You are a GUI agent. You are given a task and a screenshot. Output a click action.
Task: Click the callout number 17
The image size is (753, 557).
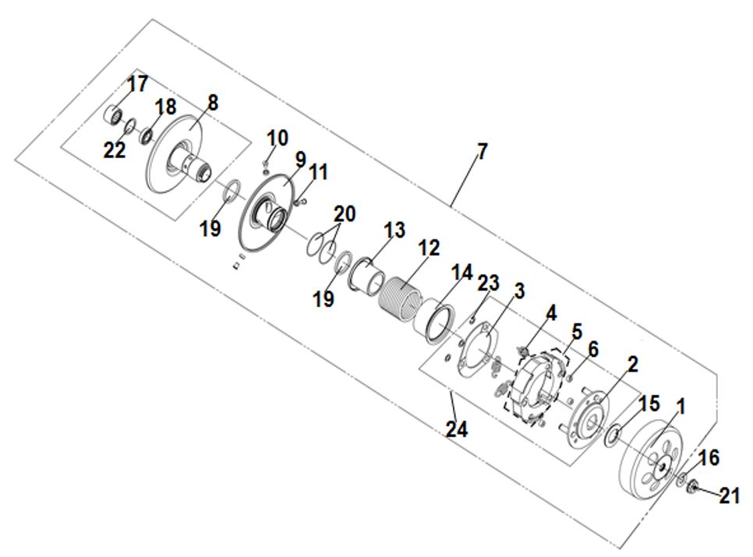pyautogui.click(x=137, y=84)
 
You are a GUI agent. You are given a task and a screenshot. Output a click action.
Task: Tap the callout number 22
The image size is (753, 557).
pyautogui.click(x=115, y=150)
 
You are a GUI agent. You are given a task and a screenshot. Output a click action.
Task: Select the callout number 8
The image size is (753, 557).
pyautogui.click(x=212, y=103)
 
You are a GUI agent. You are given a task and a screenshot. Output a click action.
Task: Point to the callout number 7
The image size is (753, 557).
pyautogui.click(x=482, y=152)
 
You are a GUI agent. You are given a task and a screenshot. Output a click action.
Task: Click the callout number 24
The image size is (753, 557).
pyautogui.click(x=457, y=429)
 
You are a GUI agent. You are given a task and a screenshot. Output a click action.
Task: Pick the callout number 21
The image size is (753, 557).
pyautogui.click(x=729, y=496)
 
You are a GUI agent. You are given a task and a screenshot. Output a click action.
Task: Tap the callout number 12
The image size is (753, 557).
pyautogui.click(x=429, y=248)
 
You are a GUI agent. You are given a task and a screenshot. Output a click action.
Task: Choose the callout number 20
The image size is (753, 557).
pyautogui.click(x=345, y=213)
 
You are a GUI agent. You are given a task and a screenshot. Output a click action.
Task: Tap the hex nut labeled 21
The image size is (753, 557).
pyautogui.click(x=692, y=488)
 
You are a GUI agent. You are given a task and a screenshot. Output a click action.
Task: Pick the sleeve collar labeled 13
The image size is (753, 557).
pyautogui.click(x=367, y=276)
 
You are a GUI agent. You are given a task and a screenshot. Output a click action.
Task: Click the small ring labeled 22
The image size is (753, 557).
pyautogui.click(x=129, y=127)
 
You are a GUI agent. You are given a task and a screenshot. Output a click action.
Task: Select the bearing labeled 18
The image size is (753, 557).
pyautogui.click(x=147, y=135)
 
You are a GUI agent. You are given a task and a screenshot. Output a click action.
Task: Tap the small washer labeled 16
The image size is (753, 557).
pyautogui.click(x=682, y=478)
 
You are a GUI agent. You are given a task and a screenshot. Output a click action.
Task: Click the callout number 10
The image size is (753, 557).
pyautogui.click(x=277, y=138)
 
